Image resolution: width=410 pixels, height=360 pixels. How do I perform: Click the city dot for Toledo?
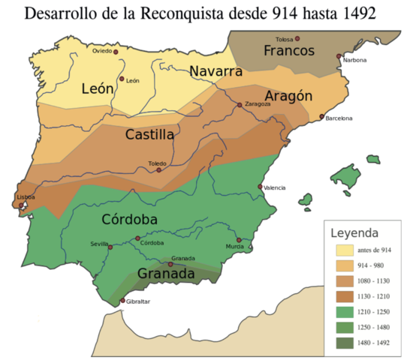[x=158, y=169]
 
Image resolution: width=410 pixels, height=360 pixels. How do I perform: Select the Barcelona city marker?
[x=322, y=117]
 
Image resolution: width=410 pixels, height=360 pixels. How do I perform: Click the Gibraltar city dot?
[x=123, y=301]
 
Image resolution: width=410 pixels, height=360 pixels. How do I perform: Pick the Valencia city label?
[x=274, y=187]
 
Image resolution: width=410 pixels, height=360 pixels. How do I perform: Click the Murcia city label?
[x=234, y=246]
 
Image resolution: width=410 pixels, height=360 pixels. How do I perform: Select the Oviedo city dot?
[x=116, y=52]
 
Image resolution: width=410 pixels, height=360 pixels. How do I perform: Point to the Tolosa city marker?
[x=298, y=38]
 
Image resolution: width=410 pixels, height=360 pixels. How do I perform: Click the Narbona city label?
[x=354, y=59]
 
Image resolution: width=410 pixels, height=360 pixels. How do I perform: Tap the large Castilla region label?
[x=150, y=135]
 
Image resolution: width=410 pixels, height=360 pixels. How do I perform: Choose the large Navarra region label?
[x=216, y=72]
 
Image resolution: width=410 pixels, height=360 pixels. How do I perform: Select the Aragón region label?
[x=288, y=96]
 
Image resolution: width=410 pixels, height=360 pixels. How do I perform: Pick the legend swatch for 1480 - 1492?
[x=345, y=343]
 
